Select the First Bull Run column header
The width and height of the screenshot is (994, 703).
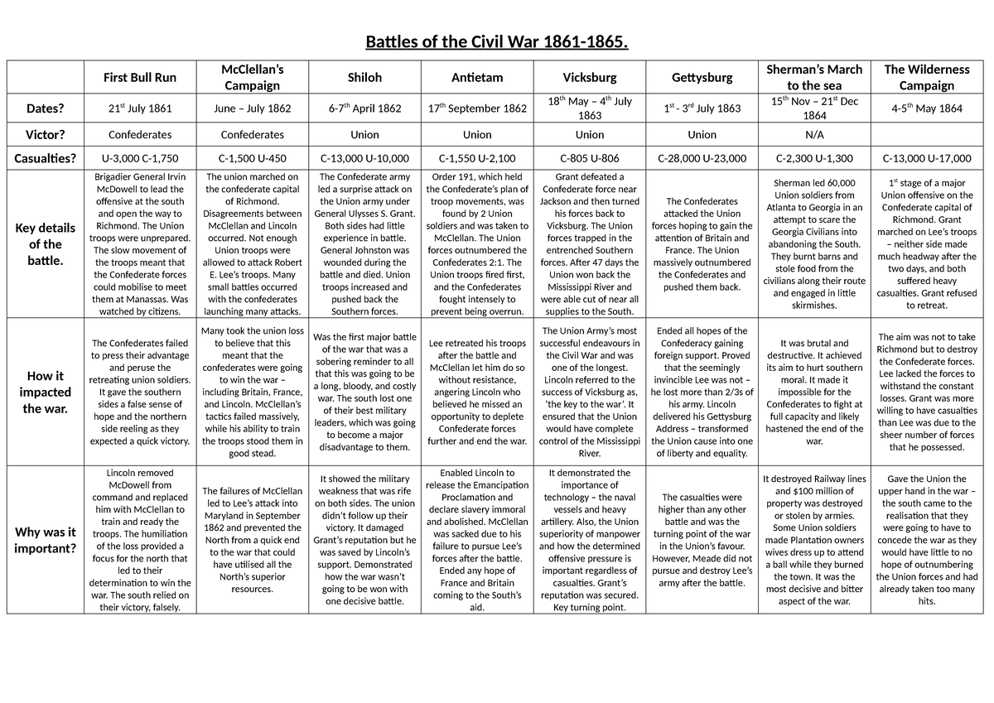tap(139, 77)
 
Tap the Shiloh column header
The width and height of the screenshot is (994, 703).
tap(364, 77)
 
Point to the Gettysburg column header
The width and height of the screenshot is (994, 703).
tap(702, 77)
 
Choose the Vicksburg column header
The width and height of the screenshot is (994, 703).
tap(590, 77)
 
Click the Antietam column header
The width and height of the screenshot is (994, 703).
tap(477, 77)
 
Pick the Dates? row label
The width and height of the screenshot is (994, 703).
tap(46, 108)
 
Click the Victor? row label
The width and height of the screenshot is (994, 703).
tap(46, 134)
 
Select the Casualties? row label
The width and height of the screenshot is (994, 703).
tap(46, 157)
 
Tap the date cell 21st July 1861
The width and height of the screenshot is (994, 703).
tap(139, 108)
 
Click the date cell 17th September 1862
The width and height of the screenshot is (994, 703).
tap(477, 108)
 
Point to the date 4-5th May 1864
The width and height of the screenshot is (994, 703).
tap(926, 108)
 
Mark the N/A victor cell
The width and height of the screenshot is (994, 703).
tap(814, 134)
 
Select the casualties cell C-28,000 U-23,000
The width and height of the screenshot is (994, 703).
tap(702, 157)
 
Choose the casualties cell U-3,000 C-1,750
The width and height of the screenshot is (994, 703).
tap(139, 157)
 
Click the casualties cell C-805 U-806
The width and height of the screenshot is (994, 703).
tap(590, 157)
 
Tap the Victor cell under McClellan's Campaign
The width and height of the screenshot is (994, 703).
tap(252, 134)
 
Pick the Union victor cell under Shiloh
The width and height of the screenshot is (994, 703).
tap(364, 134)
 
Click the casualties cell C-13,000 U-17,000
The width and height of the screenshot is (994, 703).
tap(926, 157)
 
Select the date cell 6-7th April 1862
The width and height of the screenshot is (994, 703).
tap(364, 108)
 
